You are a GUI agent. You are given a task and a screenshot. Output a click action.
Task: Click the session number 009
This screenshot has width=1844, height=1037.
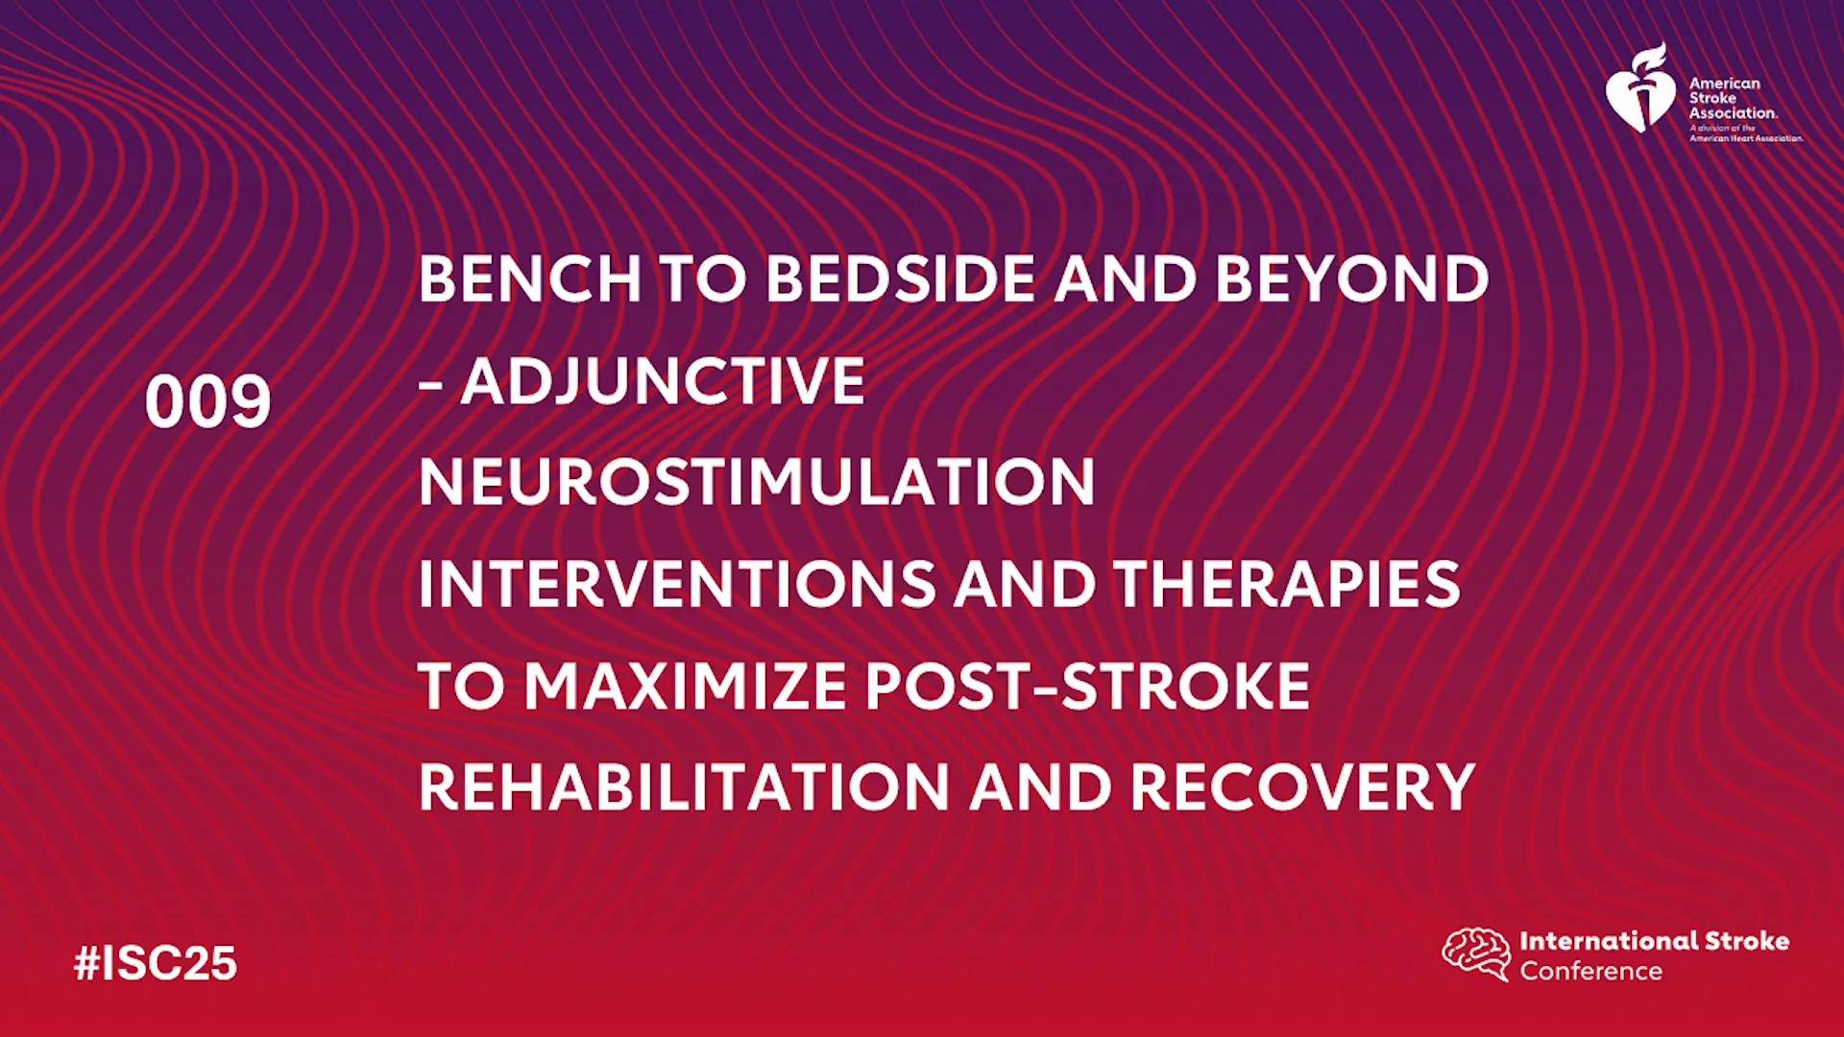(207, 401)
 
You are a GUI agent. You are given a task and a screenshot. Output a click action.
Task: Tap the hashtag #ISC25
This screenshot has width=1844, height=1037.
(156, 963)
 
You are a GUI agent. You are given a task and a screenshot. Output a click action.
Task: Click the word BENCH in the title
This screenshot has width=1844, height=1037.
(530, 279)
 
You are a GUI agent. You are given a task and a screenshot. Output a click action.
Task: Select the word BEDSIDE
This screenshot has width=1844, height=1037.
(901, 279)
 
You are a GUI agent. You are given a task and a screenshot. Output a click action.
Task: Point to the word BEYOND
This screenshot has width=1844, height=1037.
(1352, 279)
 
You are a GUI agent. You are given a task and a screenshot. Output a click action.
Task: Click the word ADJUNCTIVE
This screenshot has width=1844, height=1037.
(663, 381)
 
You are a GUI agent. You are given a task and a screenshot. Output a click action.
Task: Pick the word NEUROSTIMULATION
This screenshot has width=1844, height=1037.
(757, 482)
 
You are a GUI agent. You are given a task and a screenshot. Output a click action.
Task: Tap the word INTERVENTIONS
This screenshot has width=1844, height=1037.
(677, 584)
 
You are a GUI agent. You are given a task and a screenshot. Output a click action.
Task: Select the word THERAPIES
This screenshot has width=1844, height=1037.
(1287, 584)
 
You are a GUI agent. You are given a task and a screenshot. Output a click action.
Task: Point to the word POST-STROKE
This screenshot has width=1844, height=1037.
(1088, 686)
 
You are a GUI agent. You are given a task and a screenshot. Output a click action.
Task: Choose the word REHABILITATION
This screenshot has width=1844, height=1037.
(685, 787)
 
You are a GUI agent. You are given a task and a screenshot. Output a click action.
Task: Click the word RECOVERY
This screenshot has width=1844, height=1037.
(1302, 787)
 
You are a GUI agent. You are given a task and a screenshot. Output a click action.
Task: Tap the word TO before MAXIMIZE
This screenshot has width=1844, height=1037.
(462, 686)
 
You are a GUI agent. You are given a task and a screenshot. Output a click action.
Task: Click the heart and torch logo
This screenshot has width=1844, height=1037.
(1640, 88)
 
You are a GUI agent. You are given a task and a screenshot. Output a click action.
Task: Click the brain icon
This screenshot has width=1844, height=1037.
(1476, 953)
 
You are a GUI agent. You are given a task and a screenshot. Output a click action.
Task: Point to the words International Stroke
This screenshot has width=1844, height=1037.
(1654, 941)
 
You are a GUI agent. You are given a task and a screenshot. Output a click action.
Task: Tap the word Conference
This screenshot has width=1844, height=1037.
(1590, 971)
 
